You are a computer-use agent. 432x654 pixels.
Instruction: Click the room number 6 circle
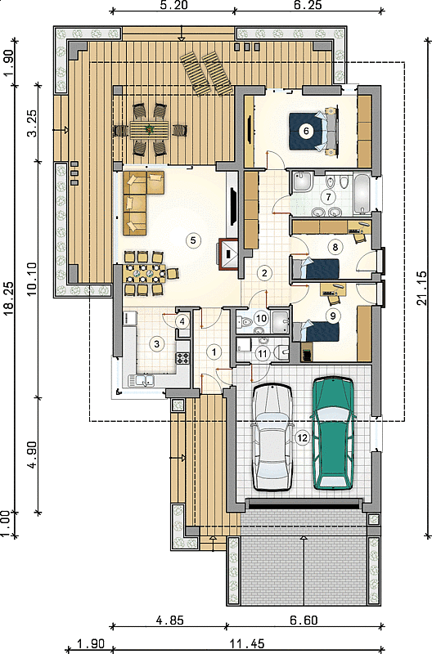pyautogui.click(x=306, y=131)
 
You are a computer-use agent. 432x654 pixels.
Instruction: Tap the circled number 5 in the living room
pyautogui.click(x=193, y=240)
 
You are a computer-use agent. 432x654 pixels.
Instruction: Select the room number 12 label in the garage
pyautogui.click(x=302, y=438)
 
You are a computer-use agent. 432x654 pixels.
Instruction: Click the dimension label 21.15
pyautogui.click(x=422, y=288)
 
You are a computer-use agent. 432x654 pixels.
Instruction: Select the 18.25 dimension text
pyautogui.click(x=9, y=299)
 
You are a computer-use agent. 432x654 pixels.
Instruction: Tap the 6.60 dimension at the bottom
pyautogui.click(x=304, y=620)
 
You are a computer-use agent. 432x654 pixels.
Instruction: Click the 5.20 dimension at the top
pyautogui.click(x=173, y=5)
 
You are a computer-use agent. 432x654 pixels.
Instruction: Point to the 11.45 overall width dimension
pyautogui.click(x=246, y=644)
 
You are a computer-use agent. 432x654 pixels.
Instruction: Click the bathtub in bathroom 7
pyautogui.click(x=362, y=195)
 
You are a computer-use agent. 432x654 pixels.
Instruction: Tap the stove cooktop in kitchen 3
pyautogui.click(x=182, y=358)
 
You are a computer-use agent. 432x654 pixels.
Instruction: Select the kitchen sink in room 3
pyautogui.click(x=141, y=380)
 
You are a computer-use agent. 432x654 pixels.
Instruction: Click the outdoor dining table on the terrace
pyautogui.click(x=149, y=129)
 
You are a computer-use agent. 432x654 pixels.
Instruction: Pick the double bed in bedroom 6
pyautogui.click(x=312, y=131)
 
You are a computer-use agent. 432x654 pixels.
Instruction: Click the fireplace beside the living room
pyautogui.click(x=228, y=254)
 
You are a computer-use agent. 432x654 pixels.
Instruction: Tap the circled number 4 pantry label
pyautogui.click(x=182, y=321)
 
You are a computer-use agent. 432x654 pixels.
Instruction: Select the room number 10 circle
pyautogui.click(x=261, y=319)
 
